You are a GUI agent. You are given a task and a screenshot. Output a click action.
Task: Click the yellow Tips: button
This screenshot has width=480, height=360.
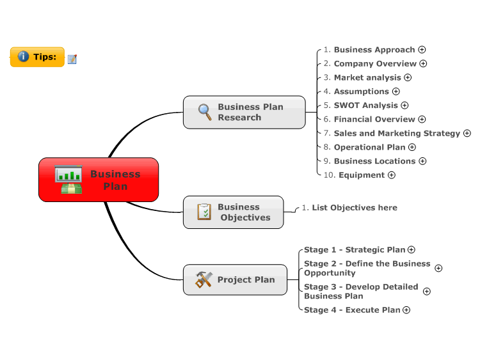(37, 57)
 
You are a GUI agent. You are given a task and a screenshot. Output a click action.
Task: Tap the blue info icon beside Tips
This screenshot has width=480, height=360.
(23, 56)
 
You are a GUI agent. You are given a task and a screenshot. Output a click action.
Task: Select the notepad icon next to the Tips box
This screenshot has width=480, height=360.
(72, 59)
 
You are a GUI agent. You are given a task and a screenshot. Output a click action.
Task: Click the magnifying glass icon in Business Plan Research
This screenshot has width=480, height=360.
(205, 112)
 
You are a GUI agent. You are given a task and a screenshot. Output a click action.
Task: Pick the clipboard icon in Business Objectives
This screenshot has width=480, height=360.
(204, 212)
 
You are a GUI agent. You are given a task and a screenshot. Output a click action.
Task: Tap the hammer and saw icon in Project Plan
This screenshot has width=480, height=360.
(204, 279)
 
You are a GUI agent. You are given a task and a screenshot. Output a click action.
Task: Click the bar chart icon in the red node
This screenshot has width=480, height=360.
(68, 174)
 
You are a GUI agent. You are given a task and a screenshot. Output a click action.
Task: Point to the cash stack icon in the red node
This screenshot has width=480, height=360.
(71, 189)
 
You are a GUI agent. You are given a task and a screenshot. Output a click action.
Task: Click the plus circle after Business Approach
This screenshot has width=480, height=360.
(422, 49)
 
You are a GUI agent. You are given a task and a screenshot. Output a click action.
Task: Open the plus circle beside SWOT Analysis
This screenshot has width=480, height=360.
(404, 106)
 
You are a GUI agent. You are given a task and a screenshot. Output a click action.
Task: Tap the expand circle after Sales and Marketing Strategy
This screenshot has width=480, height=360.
(467, 134)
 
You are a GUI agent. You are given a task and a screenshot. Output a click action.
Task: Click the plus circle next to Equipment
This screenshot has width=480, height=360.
(392, 175)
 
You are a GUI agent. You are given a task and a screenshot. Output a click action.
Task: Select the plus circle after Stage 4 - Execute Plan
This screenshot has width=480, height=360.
(406, 310)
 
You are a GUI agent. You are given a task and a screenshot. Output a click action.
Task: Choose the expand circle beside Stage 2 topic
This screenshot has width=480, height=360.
(438, 268)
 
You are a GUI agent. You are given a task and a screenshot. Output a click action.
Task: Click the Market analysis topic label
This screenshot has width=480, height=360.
(367, 77)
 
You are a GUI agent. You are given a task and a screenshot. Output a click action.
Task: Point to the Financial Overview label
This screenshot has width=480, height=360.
(374, 120)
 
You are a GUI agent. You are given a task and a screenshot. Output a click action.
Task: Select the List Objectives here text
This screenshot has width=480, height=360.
(355, 208)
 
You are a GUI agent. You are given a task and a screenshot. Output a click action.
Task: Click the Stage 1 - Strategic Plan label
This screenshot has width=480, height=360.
(355, 250)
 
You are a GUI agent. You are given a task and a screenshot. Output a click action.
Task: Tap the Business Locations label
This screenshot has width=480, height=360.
(374, 161)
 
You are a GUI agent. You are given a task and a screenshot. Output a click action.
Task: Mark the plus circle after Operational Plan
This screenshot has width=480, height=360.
(412, 148)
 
